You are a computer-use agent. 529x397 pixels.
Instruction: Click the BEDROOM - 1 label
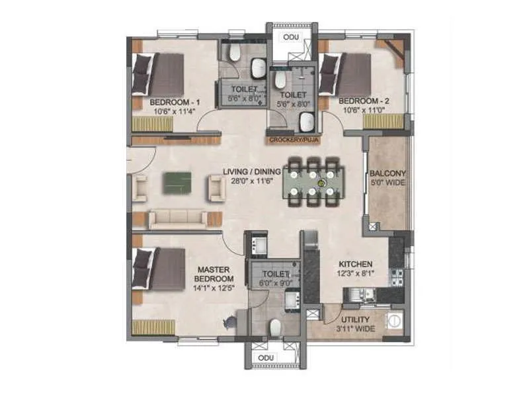(175, 103)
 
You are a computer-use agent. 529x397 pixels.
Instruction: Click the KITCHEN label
(357, 263)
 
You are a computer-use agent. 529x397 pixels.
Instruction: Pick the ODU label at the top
(290, 37)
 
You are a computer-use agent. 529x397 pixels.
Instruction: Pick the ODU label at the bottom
(266, 358)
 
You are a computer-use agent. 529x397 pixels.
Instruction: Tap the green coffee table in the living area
(176, 183)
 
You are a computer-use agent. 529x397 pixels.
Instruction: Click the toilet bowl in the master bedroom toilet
(276, 328)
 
